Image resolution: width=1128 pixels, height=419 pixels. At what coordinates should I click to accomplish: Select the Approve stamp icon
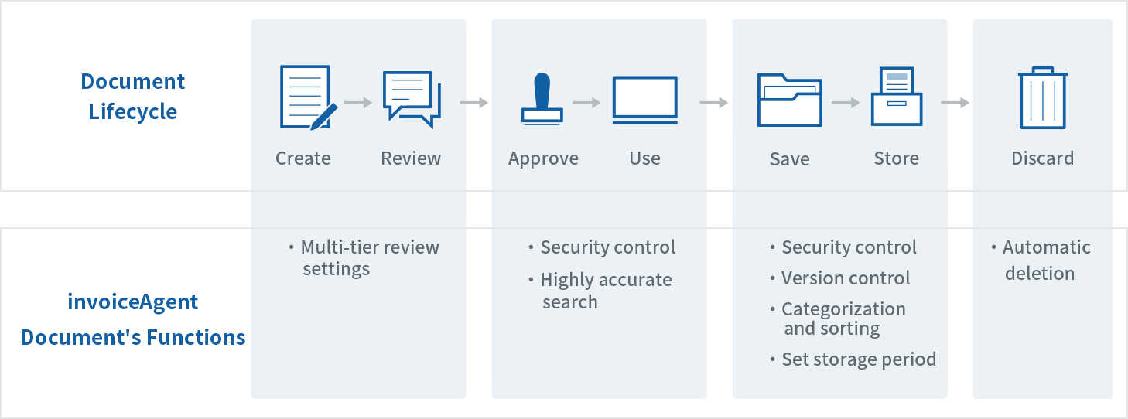pos(542,99)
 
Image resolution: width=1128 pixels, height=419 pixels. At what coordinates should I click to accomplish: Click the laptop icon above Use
pos(644,100)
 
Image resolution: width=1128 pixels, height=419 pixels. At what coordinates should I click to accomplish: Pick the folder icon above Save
pos(789,100)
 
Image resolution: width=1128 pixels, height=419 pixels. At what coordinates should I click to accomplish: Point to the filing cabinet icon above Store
pos(896,97)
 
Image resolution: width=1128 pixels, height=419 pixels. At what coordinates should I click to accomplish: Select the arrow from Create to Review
pos(358,102)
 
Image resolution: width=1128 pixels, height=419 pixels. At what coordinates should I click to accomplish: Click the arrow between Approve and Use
pos(586,102)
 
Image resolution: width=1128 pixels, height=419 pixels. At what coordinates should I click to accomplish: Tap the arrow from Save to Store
pos(846,102)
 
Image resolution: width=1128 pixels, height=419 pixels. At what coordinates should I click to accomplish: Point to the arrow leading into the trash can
pos(955,102)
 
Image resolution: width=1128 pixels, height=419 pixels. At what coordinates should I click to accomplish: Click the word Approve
pos(543,158)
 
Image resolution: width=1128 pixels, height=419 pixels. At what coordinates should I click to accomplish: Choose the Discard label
pos(1042,158)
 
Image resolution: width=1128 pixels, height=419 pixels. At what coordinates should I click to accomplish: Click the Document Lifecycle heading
pos(133,96)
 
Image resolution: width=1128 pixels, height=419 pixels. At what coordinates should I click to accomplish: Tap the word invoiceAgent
pos(133,301)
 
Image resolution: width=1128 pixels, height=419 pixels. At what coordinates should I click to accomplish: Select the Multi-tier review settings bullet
pos(364,258)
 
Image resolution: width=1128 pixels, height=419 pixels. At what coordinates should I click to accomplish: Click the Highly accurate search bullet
pos(600,291)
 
